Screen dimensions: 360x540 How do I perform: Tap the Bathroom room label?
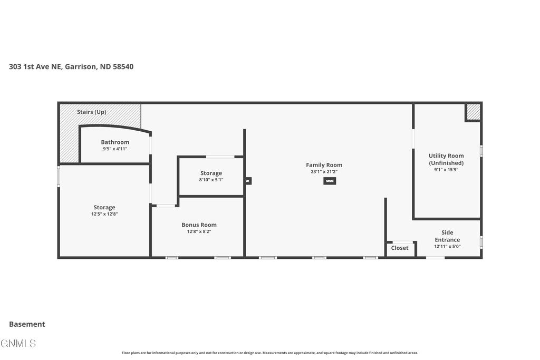click(x=115, y=142)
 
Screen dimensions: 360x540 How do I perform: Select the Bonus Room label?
click(x=199, y=225)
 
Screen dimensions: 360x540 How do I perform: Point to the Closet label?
click(x=400, y=248)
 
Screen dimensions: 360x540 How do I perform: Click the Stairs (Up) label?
click(x=92, y=112)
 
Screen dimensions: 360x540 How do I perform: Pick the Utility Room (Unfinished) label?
click(x=446, y=159)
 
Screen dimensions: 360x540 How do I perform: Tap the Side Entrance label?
click(x=447, y=236)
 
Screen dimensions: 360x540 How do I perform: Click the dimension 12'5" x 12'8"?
click(x=104, y=214)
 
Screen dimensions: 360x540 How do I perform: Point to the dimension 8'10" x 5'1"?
click(x=211, y=180)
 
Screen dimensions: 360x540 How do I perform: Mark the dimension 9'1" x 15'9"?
click(x=446, y=170)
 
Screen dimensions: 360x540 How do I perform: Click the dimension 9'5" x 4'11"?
click(x=115, y=149)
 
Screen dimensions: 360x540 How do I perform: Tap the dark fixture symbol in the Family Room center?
click(x=330, y=181)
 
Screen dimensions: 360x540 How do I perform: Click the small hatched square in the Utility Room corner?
click(x=473, y=112)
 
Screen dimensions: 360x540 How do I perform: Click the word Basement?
click(x=27, y=324)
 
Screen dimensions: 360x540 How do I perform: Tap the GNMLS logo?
click(x=18, y=343)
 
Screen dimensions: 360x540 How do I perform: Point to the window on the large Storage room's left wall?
click(x=59, y=176)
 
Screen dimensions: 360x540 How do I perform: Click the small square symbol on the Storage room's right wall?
click(x=248, y=181)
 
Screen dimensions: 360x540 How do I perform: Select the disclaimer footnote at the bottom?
click(x=270, y=353)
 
